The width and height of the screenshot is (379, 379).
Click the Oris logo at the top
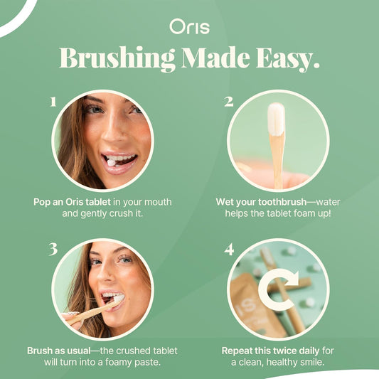(188, 26)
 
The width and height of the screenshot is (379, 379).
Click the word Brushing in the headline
(117, 58)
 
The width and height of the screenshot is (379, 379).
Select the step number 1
(52, 102)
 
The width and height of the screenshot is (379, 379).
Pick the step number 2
(228, 102)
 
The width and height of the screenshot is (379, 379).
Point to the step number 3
(52, 249)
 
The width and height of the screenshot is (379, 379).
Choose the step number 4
(228, 250)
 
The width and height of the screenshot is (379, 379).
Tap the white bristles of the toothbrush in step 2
(276, 117)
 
